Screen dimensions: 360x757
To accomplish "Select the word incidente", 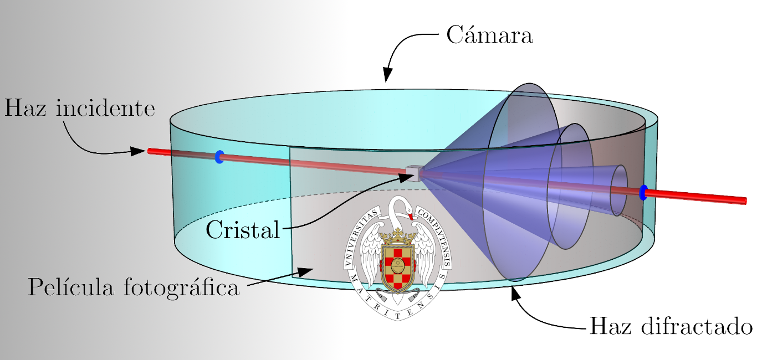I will [x=105, y=107].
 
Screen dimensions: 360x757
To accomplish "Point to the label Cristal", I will [x=243, y=229].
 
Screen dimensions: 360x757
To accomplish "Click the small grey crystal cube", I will [x=413, y=173].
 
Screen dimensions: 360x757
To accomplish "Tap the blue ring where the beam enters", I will [x=219, y=157].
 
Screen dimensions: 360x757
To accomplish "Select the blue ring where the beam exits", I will [x=643, y=192].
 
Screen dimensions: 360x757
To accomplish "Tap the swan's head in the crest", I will [x=408, y=209].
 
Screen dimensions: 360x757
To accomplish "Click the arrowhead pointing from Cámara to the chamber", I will [x=387, y=77].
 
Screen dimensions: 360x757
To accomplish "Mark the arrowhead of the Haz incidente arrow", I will [x=139, y=151].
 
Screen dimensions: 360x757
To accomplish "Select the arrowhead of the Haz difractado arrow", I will [x=515, y=292].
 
